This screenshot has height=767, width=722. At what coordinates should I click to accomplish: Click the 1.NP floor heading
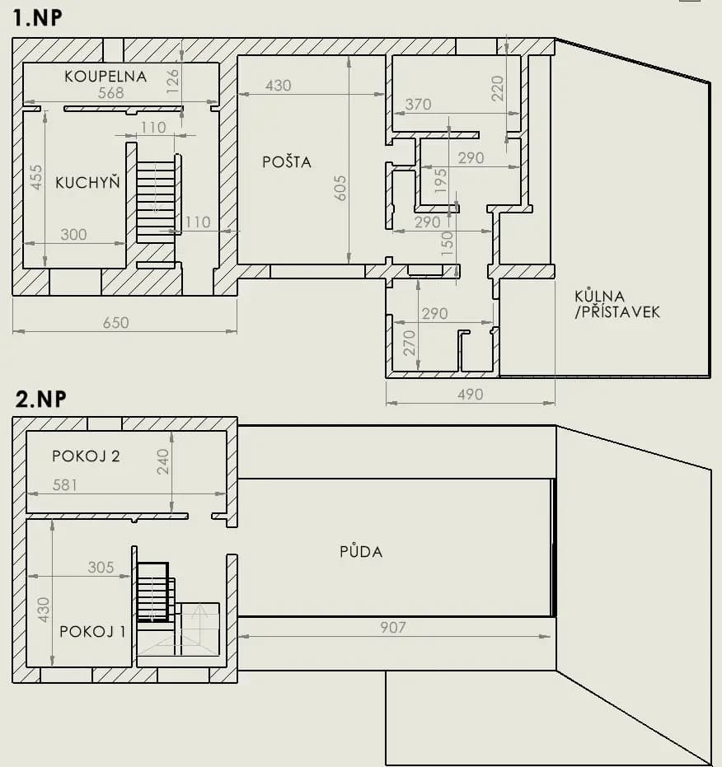pyautogui.click(x=38, y=18)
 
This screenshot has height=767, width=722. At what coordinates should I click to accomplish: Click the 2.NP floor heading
pyautogui.click(x=40, y=400)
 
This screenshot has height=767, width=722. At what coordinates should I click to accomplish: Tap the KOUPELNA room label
pyautogui.click(x=105, y=77)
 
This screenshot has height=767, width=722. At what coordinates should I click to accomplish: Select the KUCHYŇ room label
pyautogui.click(x=87, y=183)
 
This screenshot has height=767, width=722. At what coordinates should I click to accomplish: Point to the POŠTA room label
pyautogui.click(x=287, y=162)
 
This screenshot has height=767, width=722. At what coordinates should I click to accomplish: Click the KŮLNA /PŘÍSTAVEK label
pyautogui.click(x=617, y=304)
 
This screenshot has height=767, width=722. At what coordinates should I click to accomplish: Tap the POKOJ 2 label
pyautogui.click(x=86, y=456)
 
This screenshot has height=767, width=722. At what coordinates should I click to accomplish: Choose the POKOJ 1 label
pyautogui.click(x=92, y=632)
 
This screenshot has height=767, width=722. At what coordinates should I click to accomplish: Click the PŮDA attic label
pyautogui.click(x=361, y=551)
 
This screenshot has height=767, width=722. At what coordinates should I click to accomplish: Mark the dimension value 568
pyautogui.click(x=110, y=93)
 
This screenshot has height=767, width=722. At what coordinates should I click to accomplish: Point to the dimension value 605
pyautogui.click(x=340, y=188)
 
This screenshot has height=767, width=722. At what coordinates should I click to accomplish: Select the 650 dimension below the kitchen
pyautogui.click(x=115, y=323)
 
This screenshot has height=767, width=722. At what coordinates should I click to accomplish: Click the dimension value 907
pyautogui.click(x=393, y=628)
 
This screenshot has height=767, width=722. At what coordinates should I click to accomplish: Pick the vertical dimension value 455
pyautogui.click(x=36, y=176)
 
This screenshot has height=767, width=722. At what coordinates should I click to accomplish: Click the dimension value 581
pyautogui.click(x=64, y=485)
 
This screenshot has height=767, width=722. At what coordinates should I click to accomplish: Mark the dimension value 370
pyautogui.click(x=418, y=105)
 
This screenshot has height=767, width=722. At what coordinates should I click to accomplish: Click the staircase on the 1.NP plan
pyautogui.click(x=156, y=200)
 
